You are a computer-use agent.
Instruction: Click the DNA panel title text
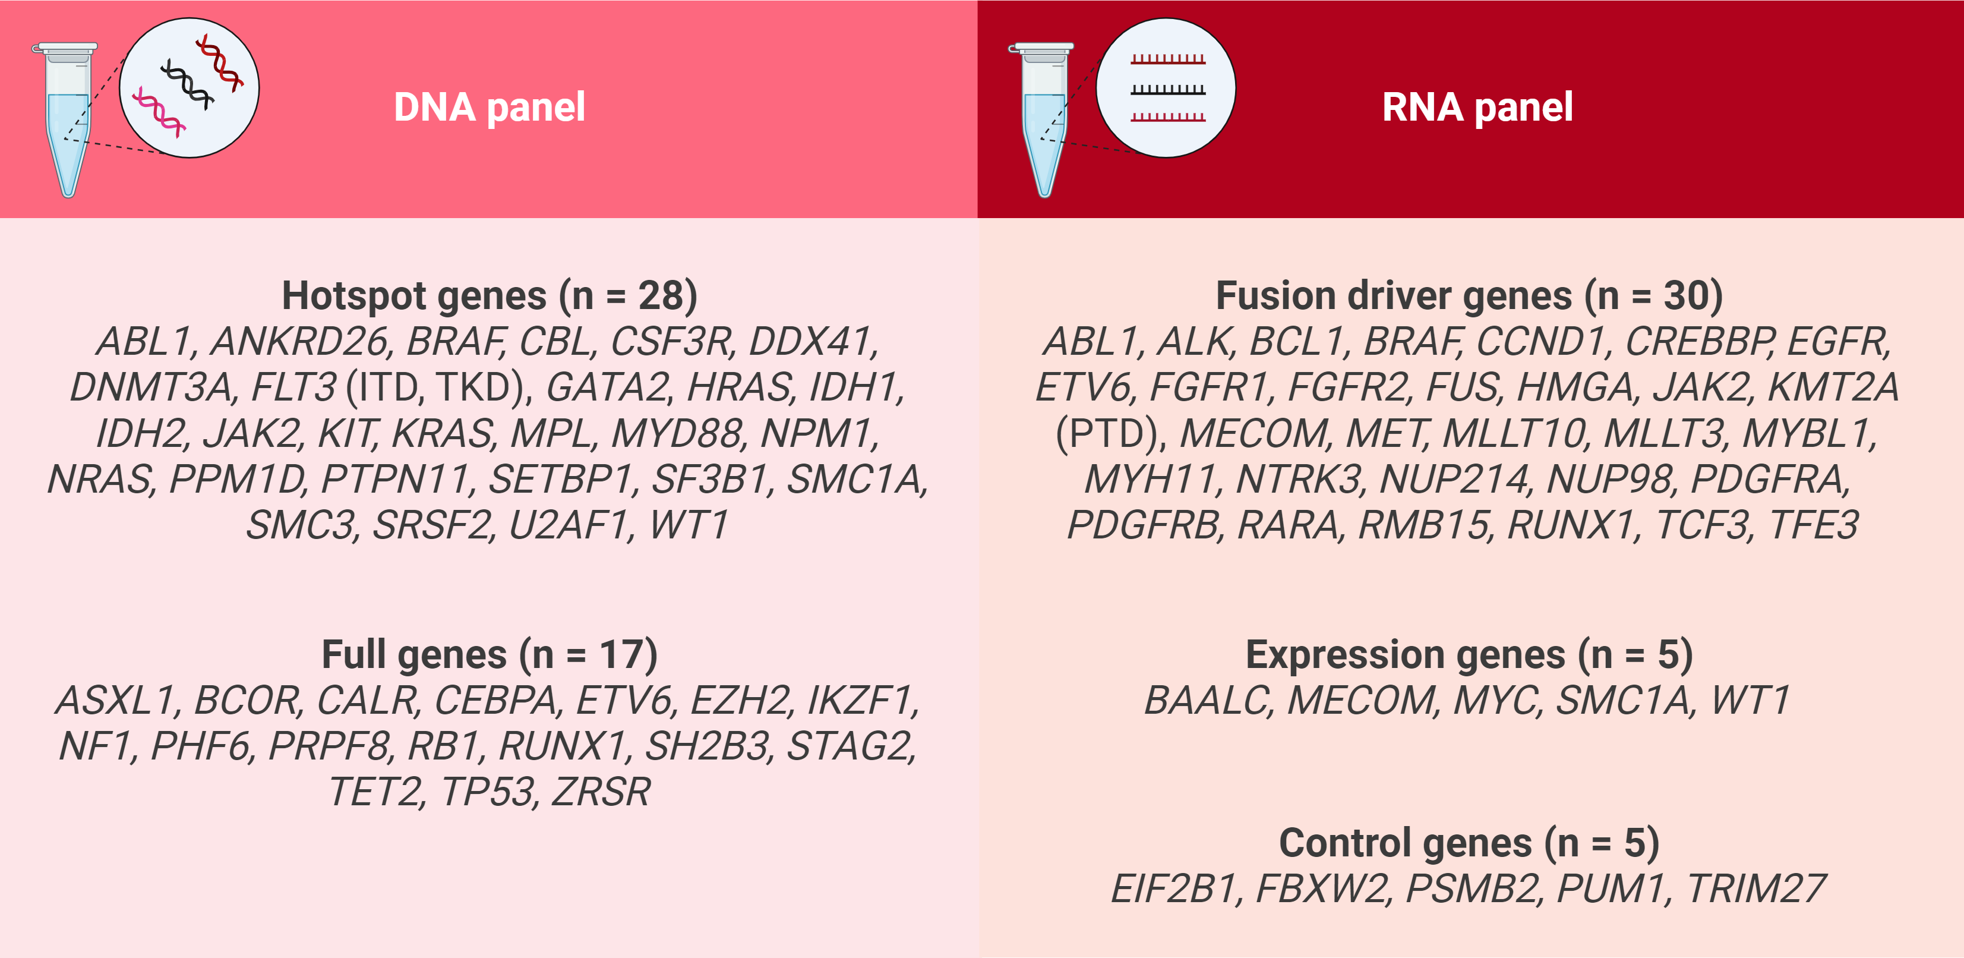pyautogui.click(x=490, y=108)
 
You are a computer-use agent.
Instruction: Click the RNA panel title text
pyautogui.click(x=1477, y=108)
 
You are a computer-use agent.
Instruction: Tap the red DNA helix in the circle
pyautogui.click(x=220, y=62)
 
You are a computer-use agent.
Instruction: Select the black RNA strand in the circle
pyautogui.click(x=1168, y=89)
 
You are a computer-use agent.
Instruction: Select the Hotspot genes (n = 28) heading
pyautogui.click(x=490, y=296)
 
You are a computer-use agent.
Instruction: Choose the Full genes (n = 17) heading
pyautogui.click(x=490, y=654)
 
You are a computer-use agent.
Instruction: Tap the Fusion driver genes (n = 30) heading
pyautogui.click(x=1469, y=296)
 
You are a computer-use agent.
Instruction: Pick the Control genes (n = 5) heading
pyautogui.click(x=1469, y=843)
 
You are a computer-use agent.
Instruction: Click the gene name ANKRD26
pyautogui.click(x=299, y=342)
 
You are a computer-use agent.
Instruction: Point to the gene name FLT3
pyautogui.click(x=293, y=387)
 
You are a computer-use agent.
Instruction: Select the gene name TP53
pyautogui.click(x=488, y=792)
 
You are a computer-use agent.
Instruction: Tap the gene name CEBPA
pyautogui.click(x=495, y=700)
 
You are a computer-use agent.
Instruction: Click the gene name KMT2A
pyautogui.click(x=1833, y=387)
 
